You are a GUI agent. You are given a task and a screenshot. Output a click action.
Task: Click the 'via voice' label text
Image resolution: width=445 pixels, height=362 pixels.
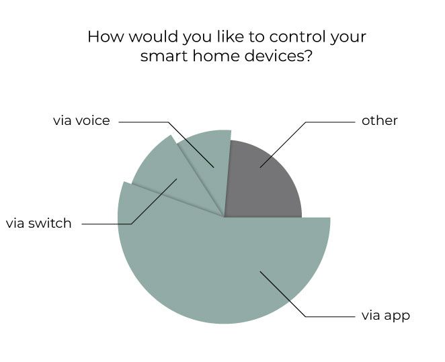(81, 121)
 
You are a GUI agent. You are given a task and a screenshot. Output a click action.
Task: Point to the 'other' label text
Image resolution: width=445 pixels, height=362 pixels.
(379, 121)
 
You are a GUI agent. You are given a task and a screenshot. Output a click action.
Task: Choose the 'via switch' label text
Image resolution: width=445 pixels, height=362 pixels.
(38, 224)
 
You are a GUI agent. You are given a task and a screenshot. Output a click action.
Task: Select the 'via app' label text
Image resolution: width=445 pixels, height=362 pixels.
(386, 316)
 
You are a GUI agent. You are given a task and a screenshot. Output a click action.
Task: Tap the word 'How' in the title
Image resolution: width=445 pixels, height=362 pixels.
(106, 37)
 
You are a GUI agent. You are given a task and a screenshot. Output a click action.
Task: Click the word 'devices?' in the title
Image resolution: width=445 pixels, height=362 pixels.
(278, 56)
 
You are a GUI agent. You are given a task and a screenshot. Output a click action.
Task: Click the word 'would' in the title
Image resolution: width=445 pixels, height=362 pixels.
(153, 37)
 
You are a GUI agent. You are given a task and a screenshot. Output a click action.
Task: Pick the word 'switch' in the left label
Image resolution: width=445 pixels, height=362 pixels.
(50, 224)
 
